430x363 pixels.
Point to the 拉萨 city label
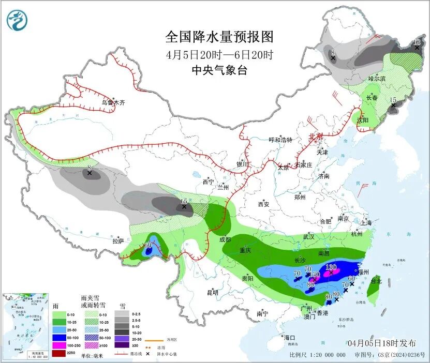(118, 241)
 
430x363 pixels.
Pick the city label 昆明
(213, 293)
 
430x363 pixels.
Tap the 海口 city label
(289, 338)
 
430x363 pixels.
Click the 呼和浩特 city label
(280, 140)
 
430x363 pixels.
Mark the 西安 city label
(263, 204)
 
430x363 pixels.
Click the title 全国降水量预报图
(219, 37)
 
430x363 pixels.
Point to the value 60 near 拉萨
(147, 245)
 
